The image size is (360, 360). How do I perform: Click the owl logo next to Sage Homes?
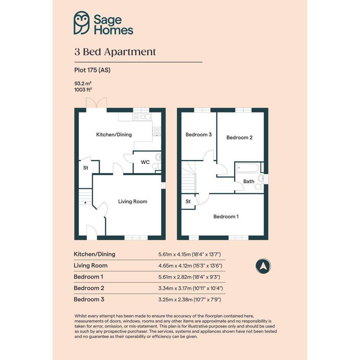coord(82,23)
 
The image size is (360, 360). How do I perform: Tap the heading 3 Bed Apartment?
coord(115,52)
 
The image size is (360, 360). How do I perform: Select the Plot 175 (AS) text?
coord(92,70)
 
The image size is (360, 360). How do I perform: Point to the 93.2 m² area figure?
coord(83,83)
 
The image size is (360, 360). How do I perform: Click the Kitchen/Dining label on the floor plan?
coord(114,134)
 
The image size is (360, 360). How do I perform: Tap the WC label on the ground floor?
coord(145,162)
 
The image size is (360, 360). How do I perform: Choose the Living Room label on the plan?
coord(133,202)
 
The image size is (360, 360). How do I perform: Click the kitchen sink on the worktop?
coord(142,117)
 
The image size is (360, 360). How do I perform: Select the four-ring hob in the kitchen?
coord(157,131)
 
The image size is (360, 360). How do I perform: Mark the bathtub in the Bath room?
coord(248,168)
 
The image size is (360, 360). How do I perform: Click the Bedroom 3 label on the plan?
coord(198,134)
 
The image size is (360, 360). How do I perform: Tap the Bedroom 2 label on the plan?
coord(240,138)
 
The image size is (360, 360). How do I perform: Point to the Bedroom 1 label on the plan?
coord(226,216)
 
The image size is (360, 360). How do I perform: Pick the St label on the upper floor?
coord(188,202)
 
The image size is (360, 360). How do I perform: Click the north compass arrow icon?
coord(263,266)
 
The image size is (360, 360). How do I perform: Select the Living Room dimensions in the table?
coord(190,266)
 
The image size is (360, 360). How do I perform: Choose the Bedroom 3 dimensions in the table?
coord(189,299)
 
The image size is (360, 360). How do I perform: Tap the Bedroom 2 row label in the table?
coord(89,288)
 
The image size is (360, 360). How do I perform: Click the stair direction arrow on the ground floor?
coord(85,203)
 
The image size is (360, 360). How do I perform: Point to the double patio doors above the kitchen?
coord(96,102)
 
